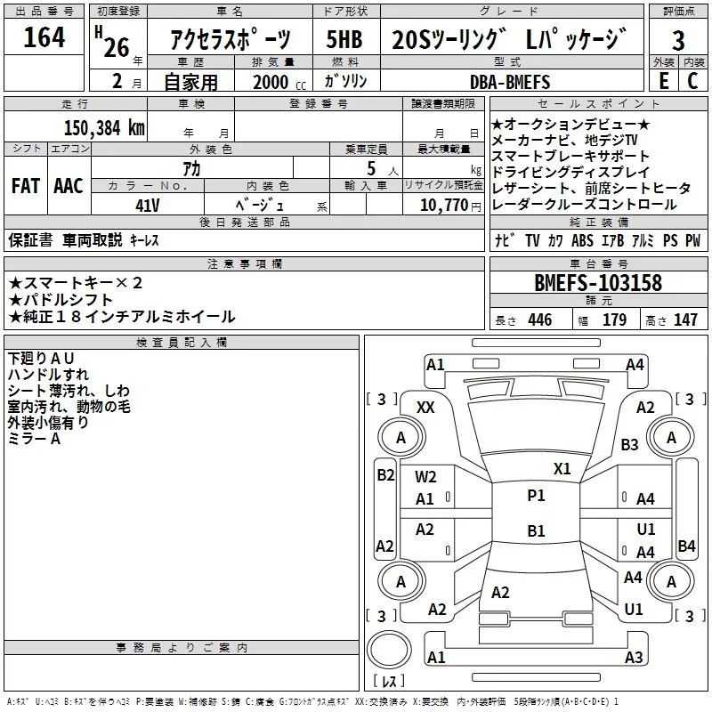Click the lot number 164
pyautogui.click(x=44, y=38)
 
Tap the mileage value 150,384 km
pyautogui.click(x=104, y=127)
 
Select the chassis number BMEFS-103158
pyautogui.click(x=598, y=283)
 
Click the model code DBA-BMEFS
pyautogui.click(x=510, y=82)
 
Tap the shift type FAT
pyautogui.click(x=25, y=186)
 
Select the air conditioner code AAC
pyautogui.click(x=68, y=186)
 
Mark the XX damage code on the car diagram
pyautogui.click(x=425, y=407)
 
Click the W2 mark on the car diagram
pyautogui.click(x=425, y=477)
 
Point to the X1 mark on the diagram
pyautogui.click(x=562, y=468)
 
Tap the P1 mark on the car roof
pyautogui.click(x=536, y=496)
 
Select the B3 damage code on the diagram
pyautogui.click(x=630, y=444)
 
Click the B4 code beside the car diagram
pyautogui.click(x=686, y=546)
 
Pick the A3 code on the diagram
pyautogui.click(x=634, y=658)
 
